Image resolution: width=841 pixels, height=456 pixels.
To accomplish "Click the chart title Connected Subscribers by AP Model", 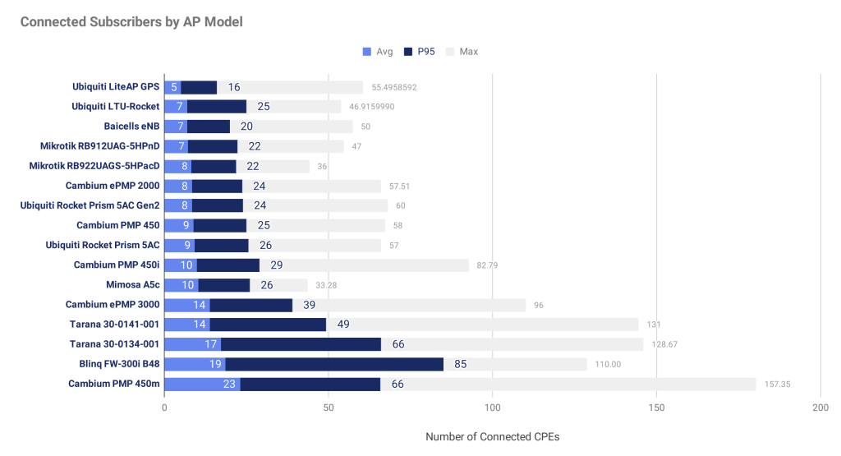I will (x=131, y=22).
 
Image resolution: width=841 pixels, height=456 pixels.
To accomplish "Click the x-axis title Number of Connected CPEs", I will (x=492, y=437).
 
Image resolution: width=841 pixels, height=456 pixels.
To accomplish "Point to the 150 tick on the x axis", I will (x=656, y=408).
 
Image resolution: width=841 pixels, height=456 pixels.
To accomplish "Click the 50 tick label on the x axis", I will (x=328, y=408).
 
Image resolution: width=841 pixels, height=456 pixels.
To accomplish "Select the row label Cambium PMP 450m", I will (x=113, y=384).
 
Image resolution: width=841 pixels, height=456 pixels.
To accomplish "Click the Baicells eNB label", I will (x=131, y=127).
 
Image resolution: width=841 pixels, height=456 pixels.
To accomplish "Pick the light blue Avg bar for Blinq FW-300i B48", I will (x=195, y=364).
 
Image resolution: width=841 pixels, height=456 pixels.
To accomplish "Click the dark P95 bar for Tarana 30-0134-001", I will (x=301, y=344).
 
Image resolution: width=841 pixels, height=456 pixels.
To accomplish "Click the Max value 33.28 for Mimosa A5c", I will (x=326, y=285).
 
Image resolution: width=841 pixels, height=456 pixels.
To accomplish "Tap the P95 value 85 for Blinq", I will (x=462, y=364).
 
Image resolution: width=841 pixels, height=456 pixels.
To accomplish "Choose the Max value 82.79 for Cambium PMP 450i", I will (x=489, y=265).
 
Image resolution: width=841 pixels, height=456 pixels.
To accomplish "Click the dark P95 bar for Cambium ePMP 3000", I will (x=250, y=305).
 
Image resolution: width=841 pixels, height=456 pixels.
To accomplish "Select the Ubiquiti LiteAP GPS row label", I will (x=115, y=87).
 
